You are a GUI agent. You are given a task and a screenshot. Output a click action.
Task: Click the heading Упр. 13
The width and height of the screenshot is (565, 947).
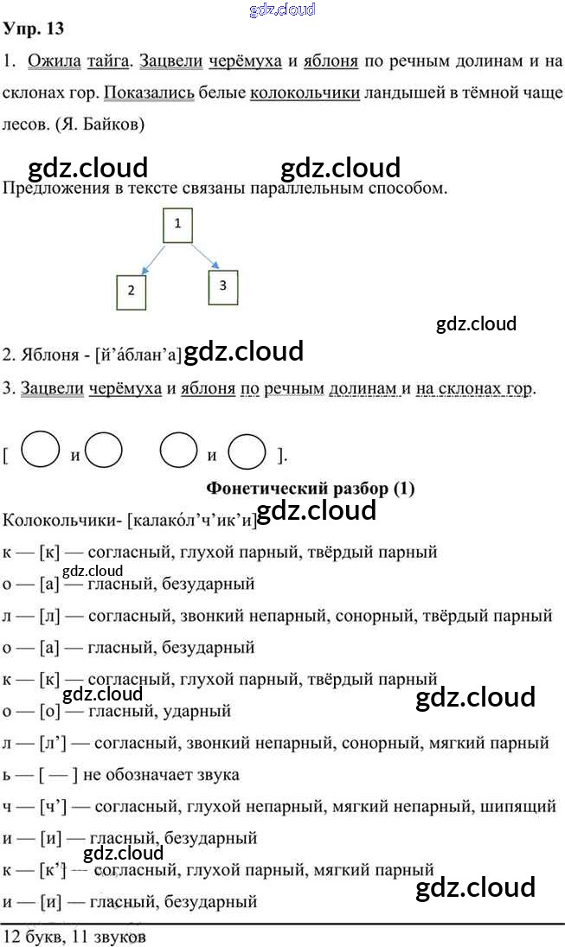click(34, 29)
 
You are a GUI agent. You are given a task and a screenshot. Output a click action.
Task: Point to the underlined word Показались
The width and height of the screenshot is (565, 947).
click(148, 93)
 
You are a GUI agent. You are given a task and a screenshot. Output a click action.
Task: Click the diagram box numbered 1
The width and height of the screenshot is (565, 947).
click(177, 225)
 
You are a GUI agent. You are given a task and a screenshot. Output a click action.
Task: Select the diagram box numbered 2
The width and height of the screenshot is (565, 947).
click(131, 291)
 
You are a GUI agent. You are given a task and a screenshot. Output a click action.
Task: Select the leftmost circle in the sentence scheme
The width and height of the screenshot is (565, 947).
click(40, 450)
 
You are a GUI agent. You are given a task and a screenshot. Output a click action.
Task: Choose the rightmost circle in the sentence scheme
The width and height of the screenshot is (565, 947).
click(247, 451)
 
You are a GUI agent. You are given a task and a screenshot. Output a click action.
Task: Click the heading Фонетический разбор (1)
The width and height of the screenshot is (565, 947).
click(311, 489)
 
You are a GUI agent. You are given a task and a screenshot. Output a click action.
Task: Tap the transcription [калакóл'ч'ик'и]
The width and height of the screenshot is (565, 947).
click(192, 520)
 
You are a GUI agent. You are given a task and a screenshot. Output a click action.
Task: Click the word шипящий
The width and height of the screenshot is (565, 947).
click(519, 806)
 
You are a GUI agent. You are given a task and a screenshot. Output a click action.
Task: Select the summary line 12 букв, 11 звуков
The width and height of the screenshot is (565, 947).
click(74, 936)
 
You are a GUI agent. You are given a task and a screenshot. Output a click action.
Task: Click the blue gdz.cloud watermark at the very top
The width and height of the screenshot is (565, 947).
click(282, 10)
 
